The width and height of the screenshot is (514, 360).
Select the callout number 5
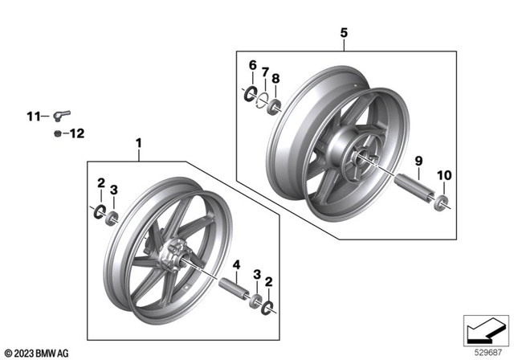click(x=344, y=33)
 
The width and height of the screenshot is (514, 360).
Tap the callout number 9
click(x=418, y=162)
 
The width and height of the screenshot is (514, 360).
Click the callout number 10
click(x=444, y=175)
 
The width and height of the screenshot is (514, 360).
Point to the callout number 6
click(x=251, y=64)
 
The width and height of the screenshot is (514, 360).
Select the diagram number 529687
click(x=484, y=351)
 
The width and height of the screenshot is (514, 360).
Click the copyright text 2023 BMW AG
click(x=39, y=352)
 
